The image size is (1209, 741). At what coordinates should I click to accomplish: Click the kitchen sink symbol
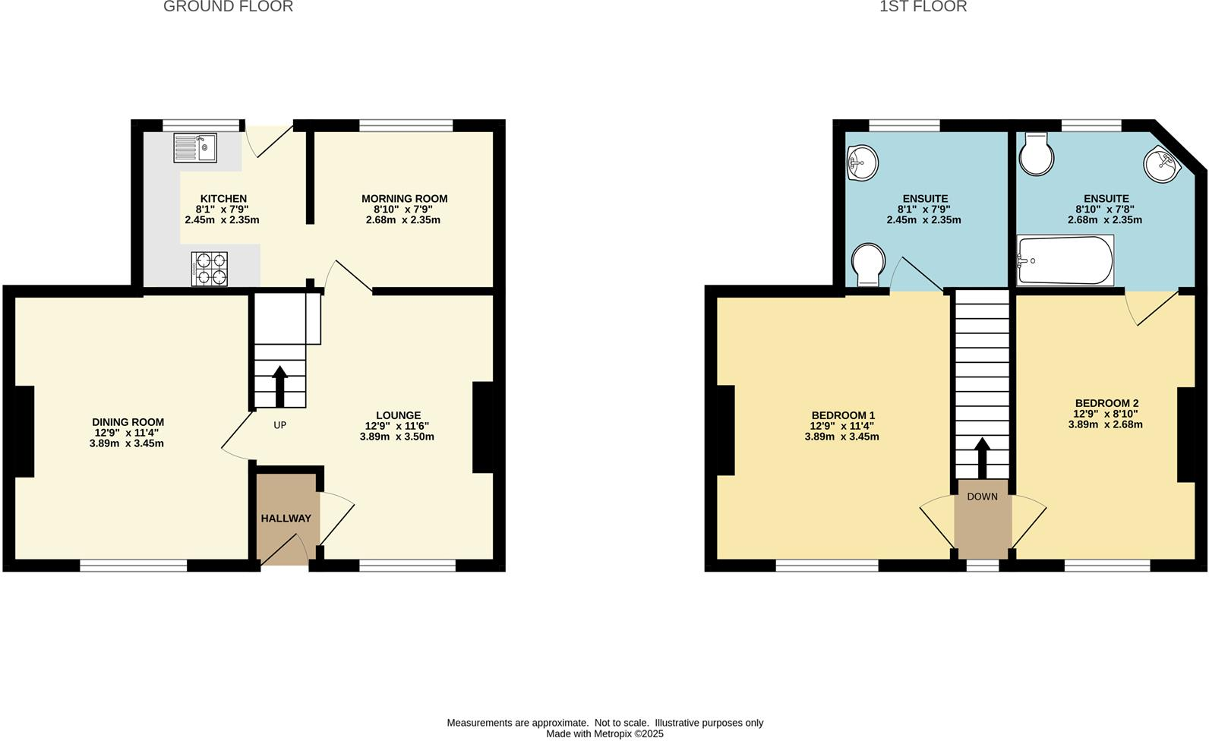(x=195, y=147)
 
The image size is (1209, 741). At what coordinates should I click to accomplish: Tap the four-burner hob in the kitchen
(x=210, y=269)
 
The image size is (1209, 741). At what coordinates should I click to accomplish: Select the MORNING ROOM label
(x=404, y=199)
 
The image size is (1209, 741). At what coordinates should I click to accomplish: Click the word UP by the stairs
(x=279, y=425)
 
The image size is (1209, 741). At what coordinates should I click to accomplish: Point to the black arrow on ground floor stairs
(x=279, y=386)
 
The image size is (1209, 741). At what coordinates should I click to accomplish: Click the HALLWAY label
(x=286, y=519)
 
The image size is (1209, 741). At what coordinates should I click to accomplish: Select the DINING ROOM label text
(x=128, y=422)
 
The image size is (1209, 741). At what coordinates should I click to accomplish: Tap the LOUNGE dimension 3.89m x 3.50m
(x=396, y=437)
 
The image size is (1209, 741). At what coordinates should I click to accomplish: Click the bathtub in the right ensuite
(x=1065, y=260)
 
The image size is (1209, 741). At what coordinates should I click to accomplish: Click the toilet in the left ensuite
(x=868, y=263)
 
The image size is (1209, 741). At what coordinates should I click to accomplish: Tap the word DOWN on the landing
(x=982, y=497)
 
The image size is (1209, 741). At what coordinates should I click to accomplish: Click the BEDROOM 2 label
(x=1106, y=403)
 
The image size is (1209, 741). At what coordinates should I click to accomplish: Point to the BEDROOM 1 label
(x=843, y=415)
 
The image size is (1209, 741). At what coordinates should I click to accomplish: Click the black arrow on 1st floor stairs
(x=981, y=457)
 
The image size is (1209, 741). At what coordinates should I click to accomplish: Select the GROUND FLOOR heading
(x=228, y=7)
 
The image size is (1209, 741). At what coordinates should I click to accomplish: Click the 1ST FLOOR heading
(x=923, y=7)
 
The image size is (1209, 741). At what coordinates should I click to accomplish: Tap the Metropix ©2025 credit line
(x=604, y=734)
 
